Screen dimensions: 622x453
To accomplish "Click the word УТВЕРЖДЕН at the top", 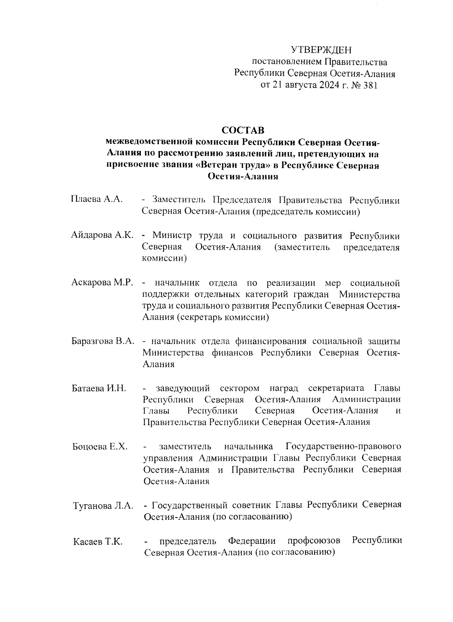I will click(x=321, y=50).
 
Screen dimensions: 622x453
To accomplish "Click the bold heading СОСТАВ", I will click(x=243, y=131).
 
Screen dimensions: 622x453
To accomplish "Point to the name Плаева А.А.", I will click(x=97, y=199).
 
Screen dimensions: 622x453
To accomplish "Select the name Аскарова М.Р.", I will click(x=102, y=283).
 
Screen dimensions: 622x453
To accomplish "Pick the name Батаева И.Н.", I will click(x=99, y=388).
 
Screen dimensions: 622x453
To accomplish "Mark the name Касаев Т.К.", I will click(x=98, y=542).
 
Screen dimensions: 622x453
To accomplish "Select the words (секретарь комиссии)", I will click(x=223, y=318).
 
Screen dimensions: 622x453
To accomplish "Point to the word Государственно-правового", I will click(x=343, y=447).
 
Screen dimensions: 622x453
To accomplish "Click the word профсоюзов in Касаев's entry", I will click(x=314, y=541).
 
